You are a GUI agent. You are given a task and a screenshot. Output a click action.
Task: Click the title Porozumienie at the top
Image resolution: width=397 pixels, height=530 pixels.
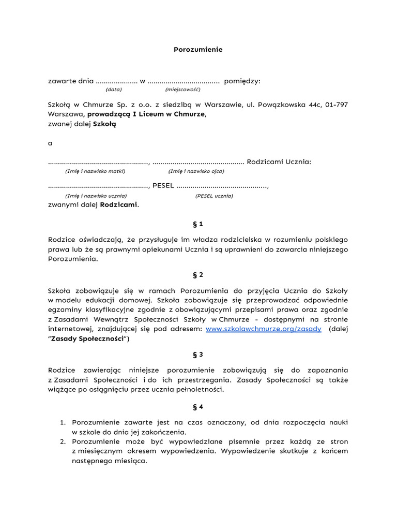click(197, 50)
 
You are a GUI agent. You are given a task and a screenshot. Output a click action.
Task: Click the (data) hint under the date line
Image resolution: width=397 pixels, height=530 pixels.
click(114, 89)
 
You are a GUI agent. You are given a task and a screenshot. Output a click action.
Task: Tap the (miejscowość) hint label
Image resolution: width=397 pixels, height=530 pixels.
click(179, 89)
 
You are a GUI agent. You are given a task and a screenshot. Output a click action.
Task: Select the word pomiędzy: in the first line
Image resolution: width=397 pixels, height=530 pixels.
click(242, 81)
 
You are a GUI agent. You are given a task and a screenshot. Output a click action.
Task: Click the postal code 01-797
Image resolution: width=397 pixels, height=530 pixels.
click(337, 105)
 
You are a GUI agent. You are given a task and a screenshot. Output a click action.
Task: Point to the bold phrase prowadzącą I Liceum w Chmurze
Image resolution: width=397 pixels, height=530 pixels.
click(146, 114)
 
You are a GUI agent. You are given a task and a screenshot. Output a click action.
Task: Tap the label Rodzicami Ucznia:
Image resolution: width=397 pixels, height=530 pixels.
click(279, 161)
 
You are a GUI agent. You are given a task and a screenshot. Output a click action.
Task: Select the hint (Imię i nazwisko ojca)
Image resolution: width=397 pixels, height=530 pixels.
click(196, 171)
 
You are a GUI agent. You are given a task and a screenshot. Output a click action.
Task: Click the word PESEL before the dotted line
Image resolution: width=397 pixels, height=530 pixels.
click(163, 186)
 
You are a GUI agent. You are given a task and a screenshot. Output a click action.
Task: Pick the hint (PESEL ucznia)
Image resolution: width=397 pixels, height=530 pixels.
click(214, 196)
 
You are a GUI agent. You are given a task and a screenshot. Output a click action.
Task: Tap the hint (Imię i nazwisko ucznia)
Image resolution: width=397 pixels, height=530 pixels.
click(96, 196)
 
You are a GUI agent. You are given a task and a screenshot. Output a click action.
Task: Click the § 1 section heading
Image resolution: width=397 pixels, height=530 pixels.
click(197, 224)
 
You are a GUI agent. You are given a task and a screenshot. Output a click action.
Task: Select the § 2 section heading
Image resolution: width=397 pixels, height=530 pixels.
click(197, 275)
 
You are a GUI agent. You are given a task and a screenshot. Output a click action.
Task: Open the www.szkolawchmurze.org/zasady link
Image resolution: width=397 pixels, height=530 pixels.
click(264, 329)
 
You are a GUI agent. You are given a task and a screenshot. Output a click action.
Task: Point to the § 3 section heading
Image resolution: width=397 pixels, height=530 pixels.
click(197, 355)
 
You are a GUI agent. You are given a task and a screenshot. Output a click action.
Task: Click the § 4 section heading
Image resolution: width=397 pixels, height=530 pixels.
click(197, 406)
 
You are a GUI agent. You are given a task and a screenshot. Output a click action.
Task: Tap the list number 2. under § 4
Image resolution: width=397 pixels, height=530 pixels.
click(63, 441)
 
